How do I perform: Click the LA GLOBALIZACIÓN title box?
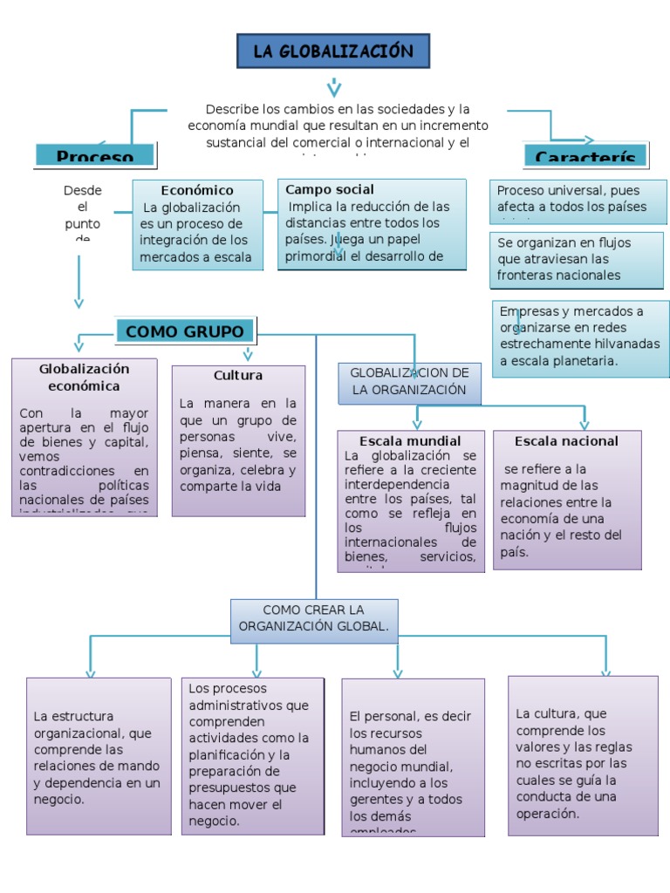[333, 51]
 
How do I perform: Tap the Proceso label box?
[95, 155]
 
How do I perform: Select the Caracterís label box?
[585, 156]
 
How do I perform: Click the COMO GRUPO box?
[185, 331]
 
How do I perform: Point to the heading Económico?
[197, 190]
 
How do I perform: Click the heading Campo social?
[330, 189]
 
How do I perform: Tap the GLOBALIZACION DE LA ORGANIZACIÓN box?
[409, 382]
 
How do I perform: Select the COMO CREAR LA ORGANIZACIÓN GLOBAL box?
[314, 618]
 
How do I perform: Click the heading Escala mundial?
[410, 440]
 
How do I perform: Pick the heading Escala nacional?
[566, 441]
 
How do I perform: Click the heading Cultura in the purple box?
[238, 375]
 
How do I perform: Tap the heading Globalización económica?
[84, 378]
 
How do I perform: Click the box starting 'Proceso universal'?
[579, 200]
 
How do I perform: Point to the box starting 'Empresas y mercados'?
[580, 337]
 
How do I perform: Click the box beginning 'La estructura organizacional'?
[99, 756]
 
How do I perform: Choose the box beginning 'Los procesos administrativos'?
[249, 756]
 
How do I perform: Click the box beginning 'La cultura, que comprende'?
[582, 754]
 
